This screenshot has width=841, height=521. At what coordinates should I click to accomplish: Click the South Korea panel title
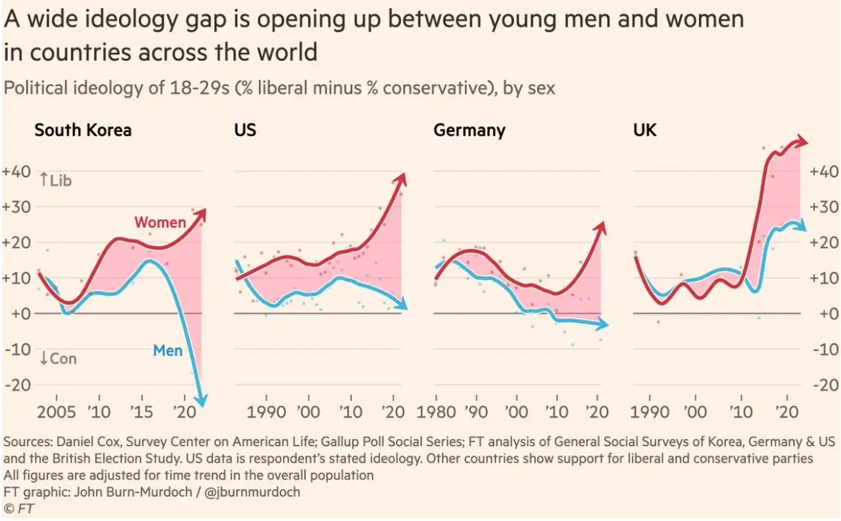click(83, 130)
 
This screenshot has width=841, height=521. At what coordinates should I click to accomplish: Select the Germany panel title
click(469, 130)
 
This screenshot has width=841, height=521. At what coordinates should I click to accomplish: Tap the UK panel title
click(645, 130)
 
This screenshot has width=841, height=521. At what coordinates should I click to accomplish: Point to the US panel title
click(245, 130)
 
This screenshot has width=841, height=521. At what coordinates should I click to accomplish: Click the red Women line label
click(160, 222)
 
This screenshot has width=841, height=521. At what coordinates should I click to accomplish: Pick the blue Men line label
click(168, 351)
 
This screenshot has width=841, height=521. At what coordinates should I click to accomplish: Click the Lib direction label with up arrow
click(55, 181)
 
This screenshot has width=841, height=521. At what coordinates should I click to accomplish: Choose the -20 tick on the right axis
click(824, 385)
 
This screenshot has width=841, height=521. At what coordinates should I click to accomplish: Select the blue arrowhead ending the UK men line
click(802, 226)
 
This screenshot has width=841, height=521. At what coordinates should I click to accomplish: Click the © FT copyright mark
click(19, 509)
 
